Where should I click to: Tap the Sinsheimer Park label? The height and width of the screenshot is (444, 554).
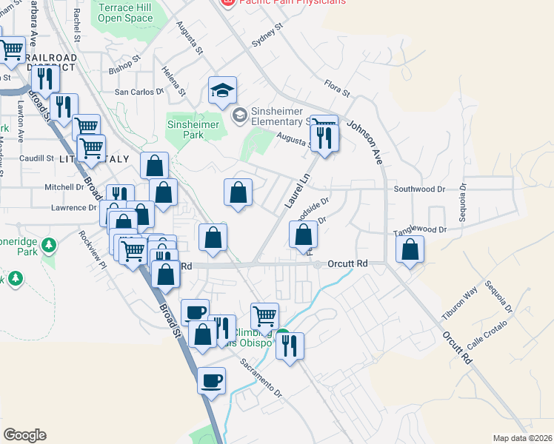193,130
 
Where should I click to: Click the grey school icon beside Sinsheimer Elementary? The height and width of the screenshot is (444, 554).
239,115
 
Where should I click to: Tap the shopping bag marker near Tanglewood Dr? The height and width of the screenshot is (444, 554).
410,250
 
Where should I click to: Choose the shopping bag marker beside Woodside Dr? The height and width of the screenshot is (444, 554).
304,235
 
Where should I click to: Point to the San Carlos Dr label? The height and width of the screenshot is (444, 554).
138,92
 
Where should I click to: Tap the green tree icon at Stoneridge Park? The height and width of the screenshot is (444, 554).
49,243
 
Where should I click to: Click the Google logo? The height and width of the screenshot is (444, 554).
24,435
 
